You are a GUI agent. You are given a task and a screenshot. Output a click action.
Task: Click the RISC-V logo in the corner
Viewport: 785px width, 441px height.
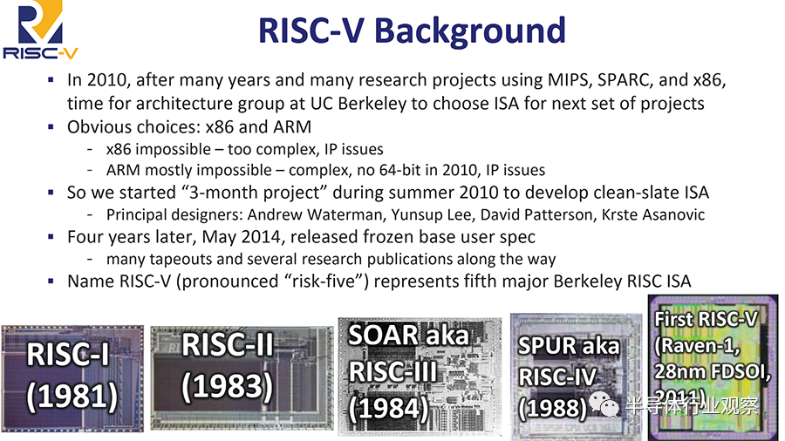[x=40, y=30]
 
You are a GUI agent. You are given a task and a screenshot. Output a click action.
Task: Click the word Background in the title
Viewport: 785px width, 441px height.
[x=469, y=31]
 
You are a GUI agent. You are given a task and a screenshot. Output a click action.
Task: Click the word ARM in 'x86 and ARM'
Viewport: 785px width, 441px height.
[x=292, y=127]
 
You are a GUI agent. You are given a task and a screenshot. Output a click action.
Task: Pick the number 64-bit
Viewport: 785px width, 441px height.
[x=400, y=170]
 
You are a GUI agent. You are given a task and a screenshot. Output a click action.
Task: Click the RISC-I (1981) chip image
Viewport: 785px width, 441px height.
[x=72, y=378]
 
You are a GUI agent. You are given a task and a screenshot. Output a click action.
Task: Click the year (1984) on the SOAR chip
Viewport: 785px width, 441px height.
[x=388, y=409]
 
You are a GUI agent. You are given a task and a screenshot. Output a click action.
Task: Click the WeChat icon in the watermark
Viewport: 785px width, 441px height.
[x=604, y=404]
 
